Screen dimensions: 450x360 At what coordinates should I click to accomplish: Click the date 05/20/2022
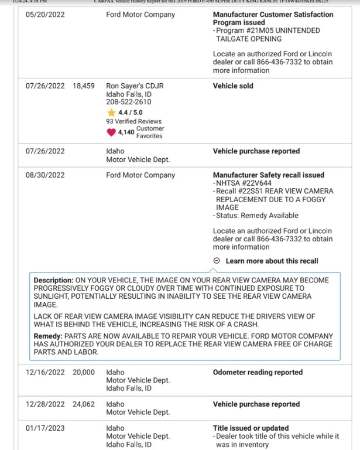pyautogui.click(x=45, y=15)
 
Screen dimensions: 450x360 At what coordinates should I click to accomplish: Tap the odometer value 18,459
pyautogui.click(x=84, y=86)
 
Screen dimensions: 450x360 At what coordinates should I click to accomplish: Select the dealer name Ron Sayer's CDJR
pyautogui.click(x=135, y=86)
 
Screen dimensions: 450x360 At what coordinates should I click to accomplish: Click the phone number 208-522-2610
pyautogui.click(x=128, y=102)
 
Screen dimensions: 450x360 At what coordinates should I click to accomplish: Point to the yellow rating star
pyautogui.click(x=111, y=112)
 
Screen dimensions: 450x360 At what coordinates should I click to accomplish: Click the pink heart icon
pyautogui.click(x=111, y=132)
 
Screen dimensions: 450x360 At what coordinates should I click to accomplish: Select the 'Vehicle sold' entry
pyautogui.click(x=233, y=86)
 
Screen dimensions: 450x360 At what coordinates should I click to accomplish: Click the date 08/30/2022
pyautogui.click(x=45, y=175)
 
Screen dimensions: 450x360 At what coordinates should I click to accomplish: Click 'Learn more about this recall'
pyautogui.click(x=272, y=261)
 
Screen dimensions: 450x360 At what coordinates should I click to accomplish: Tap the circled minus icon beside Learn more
pyautogui.click(x=217, y=261)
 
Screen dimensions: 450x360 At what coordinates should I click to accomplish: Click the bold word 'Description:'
pyautogui.click(x=54, y=280)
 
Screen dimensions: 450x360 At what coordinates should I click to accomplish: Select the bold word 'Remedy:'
pyautogui.click(x=48, y=336)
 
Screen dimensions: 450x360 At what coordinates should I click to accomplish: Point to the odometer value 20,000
pyautogui.click(x=84, y=372)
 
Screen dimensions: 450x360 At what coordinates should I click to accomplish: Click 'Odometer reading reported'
pyautogui.click(x=258, y=372)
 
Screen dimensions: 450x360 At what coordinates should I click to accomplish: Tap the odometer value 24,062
pyautogui.click(x=84, y=404)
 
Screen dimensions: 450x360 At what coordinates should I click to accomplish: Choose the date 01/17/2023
pyautogui.click(x=45, y=428)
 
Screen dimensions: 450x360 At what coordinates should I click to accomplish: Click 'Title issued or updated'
pyautogui.click(x=251, y=428)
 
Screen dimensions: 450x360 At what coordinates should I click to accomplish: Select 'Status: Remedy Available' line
pyautogui.click(x=256, y=215)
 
